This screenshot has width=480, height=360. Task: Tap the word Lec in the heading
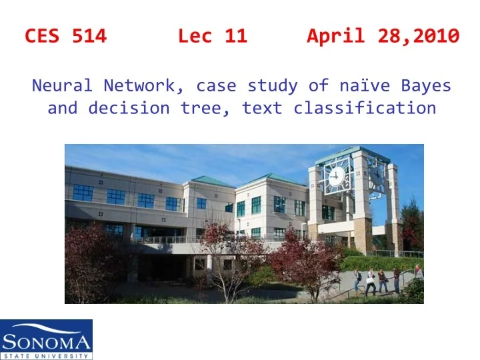pyautogui.click(x=195, y=37)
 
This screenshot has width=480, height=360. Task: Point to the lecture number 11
pyautogui.click(x=235, y=37)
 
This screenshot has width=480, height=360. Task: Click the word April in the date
pyautogui.click(x=333, y=37)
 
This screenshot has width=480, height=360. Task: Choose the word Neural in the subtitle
pyautogui.click(x=63, y=86)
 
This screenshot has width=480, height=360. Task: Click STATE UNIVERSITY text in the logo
pyautogui.click(x=46, y=355)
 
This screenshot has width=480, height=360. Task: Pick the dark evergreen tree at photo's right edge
pyautogui.click(x=414, y=227)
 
